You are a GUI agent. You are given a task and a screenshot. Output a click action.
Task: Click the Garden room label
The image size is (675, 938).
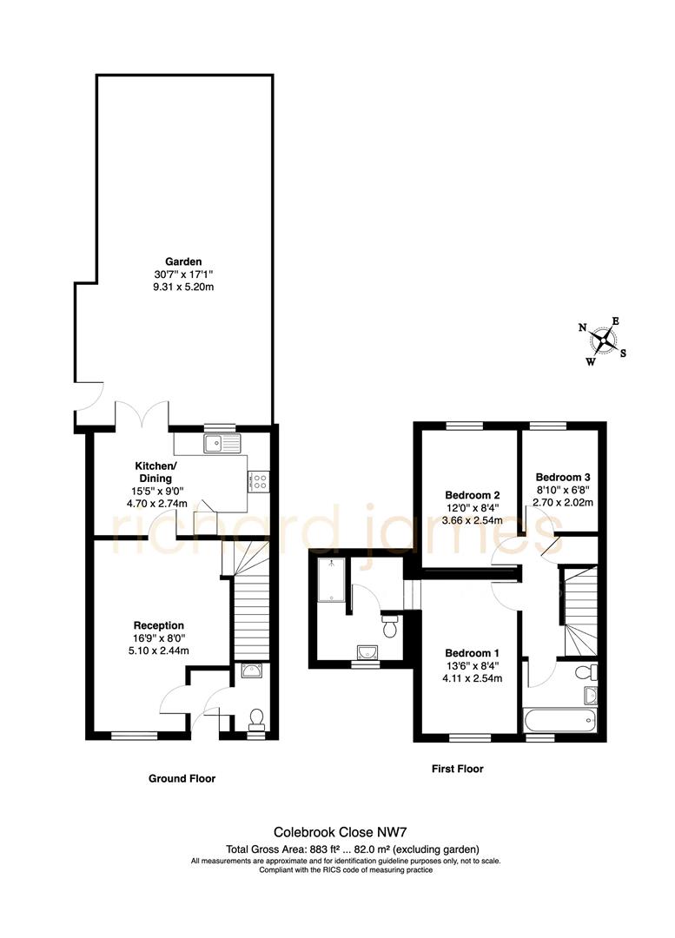[x=183, y=261]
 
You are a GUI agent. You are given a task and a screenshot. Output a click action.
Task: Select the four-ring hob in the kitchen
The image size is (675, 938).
[x=260, y=481]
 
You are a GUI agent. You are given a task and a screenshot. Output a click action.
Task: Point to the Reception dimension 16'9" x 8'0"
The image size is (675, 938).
[x=158, y=637]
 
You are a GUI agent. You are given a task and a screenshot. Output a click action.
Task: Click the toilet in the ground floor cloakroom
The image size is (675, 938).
[x=256, y=717]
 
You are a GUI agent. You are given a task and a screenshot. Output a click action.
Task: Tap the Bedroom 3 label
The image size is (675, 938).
[x=563, y=478]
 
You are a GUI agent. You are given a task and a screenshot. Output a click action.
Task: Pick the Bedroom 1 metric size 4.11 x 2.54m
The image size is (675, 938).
[x=472, y=678]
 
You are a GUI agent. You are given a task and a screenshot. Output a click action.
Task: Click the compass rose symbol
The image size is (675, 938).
[x=605, y=340]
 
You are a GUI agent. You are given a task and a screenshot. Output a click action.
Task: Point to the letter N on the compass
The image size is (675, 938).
[x=583, y=327]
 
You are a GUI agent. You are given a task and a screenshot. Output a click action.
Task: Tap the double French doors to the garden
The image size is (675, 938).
[x=142, y=415]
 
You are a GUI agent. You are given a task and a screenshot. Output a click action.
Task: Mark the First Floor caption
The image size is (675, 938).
[x=457, y=769]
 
